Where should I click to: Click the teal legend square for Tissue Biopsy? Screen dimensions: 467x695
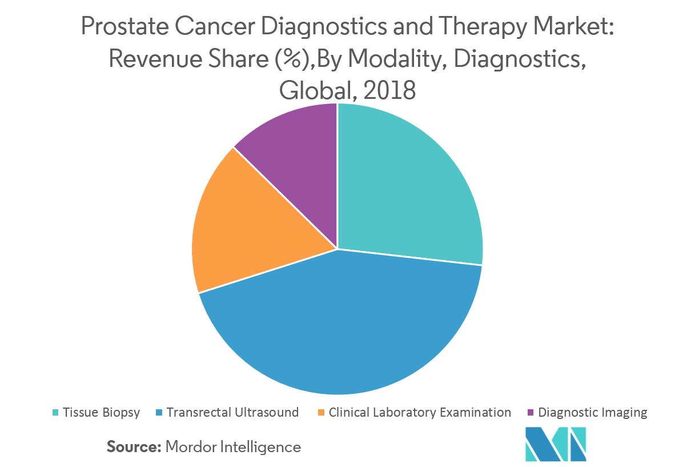coord(55,413)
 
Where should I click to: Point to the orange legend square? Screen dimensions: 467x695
coord(322,413)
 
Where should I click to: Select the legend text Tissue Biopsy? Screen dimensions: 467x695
coord(101,412)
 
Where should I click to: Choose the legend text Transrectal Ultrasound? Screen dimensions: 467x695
coord(232,412)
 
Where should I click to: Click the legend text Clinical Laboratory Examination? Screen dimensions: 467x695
coord(420,412)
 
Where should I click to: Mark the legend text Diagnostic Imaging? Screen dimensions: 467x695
coord(593,412)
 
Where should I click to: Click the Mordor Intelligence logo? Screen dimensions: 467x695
coord(555,444)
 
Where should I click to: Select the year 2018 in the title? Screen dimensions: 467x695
coord(390,90)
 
